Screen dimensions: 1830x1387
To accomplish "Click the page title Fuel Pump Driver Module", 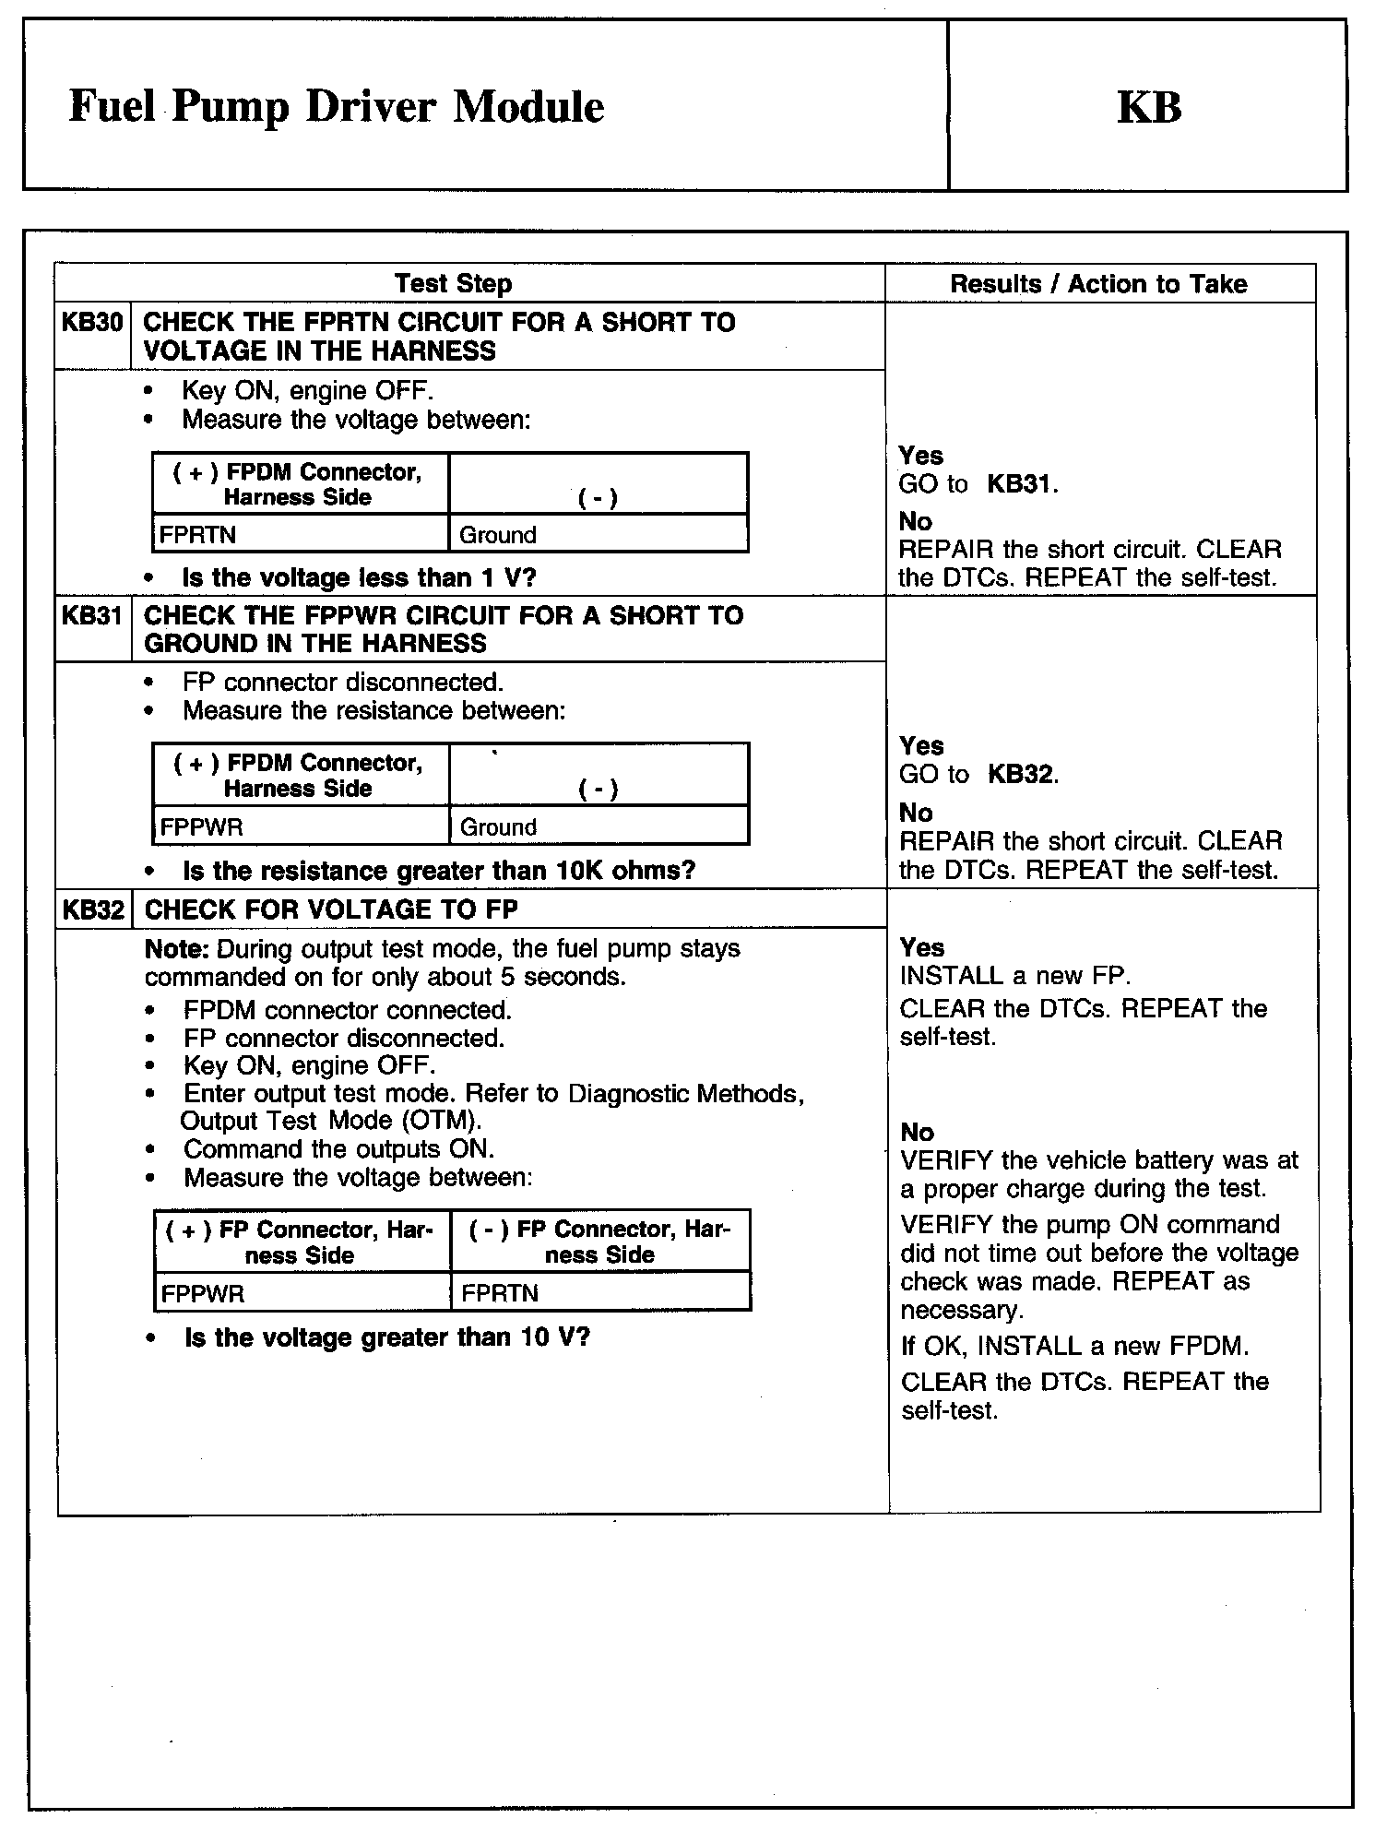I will click(x=337, y=107).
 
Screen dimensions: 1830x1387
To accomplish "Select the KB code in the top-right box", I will click(x=1149, y=107).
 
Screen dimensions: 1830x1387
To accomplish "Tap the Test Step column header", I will click(x=453, y=283).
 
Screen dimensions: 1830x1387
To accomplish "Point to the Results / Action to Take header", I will click(x=1098, y=283).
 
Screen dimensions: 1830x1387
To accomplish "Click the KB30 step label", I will click(x=91, y=323).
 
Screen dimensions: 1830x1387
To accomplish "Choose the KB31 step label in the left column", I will click(x=91, y=615).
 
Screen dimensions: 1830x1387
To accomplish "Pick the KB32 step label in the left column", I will click(x=92, y=910).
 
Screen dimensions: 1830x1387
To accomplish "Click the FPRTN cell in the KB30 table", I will click(x=197, y=535).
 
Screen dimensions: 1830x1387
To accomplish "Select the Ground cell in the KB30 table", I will click(x=498, y=535).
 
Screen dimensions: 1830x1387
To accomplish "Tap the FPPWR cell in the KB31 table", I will click(x=201, y=826).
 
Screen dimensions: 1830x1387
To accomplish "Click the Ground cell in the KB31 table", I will click(x=498, y=826).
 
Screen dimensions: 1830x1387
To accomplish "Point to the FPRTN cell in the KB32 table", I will click(x=499, y=1293).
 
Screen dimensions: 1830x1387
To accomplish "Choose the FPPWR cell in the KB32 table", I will click(x=202, y=1293).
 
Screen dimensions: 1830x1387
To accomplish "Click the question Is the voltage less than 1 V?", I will click(x=359, y=578).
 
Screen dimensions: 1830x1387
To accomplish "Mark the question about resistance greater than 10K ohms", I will click(x=439, y=871).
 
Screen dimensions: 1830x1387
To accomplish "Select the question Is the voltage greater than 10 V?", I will click(x=386, y=1337).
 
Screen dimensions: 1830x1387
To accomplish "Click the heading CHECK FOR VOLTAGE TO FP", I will click(x=331, y=910).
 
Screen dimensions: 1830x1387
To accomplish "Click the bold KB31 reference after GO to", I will click(x=1019, y=484).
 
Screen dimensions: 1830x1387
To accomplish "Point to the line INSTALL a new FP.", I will click(x=1014, y=976).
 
